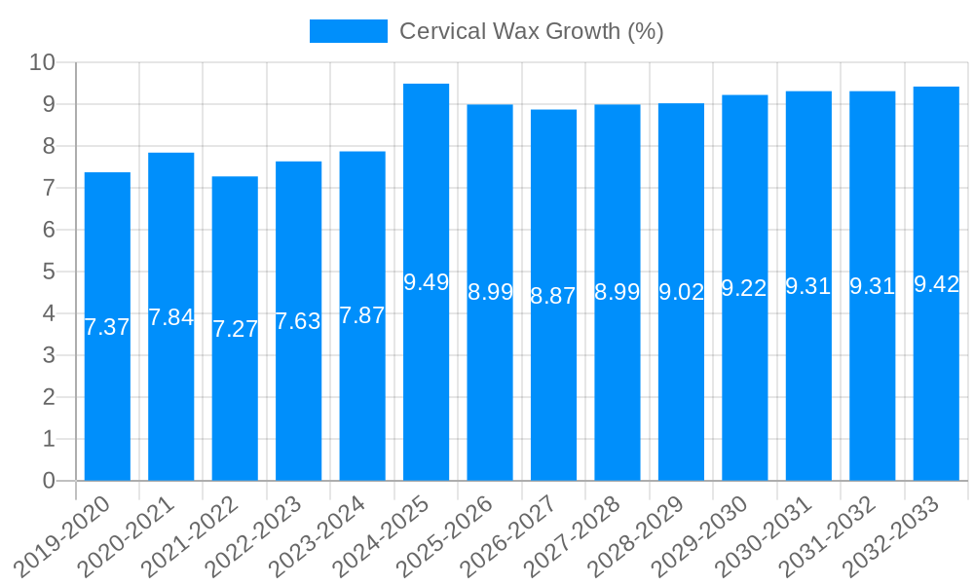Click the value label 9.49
point(426,282)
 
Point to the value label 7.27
point(235,329)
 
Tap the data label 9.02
point(681,292)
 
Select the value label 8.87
point(553,296)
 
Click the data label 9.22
point(744,288)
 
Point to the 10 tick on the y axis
point(42,63)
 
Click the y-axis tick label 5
point(49,273)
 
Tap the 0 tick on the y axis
point(49,481)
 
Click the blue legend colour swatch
point(348,31)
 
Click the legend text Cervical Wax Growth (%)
point(532,31)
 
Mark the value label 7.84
point(170,317)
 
